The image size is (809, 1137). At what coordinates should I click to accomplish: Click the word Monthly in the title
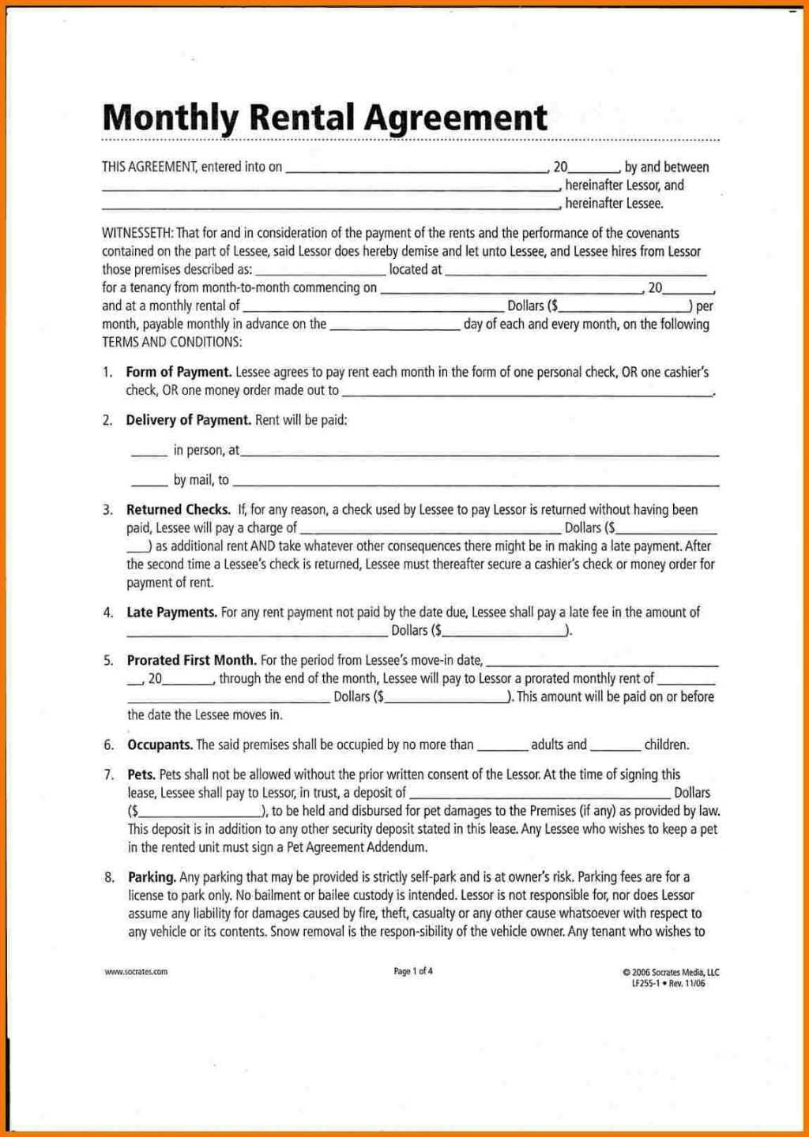pos(170,118)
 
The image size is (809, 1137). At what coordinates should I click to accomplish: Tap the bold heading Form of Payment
pos(179,372)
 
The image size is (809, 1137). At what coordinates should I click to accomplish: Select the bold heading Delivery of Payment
pos(188,420)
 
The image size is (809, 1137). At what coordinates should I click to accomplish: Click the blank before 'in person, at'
pos(149,453)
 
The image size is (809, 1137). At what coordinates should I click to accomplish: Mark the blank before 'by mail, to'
pos(149,483)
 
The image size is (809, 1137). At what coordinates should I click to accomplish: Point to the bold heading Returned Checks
pos(179,510)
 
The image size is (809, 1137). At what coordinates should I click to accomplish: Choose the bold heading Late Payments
pos(171,612)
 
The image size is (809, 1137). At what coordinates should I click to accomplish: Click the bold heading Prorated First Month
pos(191,660)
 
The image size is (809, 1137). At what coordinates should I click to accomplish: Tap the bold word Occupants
pos(160,745)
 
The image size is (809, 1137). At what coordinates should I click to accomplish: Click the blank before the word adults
pos(502,748)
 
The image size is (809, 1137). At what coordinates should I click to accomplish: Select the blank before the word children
pos(615,748)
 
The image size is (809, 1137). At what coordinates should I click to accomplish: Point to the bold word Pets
pos(141,775)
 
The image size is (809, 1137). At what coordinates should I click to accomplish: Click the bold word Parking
pos(152,877)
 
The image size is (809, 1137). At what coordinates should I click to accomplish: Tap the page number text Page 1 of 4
pos(413,971)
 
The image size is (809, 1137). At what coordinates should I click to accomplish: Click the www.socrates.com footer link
pos(136,972)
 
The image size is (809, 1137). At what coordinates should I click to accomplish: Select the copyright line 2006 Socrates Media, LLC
pos(671,973)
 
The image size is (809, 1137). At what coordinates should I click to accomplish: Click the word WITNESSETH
pos(137,234)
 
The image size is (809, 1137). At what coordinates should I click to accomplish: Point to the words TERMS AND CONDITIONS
pos(171,343)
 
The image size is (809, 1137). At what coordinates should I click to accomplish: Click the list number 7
pos(108,775)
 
